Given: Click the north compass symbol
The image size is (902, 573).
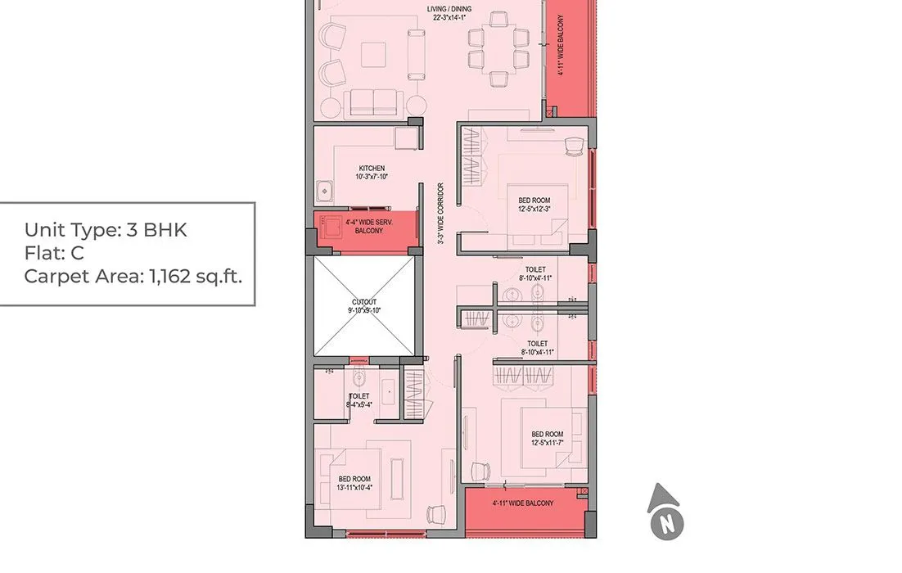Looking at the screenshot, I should pyautogui.click(x=666, y=513).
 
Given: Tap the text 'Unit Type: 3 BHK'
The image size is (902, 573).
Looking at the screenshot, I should pyautogui.click(x=106, y=230).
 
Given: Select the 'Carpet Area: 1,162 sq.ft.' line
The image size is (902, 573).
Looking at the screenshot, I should pyautogui.click(x=133, y=276).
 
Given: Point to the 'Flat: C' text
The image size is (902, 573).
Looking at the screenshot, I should pyautogui.click(x=54, y=253).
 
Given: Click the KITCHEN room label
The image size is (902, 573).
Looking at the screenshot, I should pyautogui.click(x=371, y=173).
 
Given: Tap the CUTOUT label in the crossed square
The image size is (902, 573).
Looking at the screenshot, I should pyautogui.click(x=365, y=306).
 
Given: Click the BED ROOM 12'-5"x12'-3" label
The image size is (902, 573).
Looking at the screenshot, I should pyautogui.click(x=534, y=205).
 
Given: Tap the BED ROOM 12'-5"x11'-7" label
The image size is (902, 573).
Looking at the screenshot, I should pyautogui.click(x=547, y=439).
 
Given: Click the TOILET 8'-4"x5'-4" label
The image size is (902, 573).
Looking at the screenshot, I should pyautogui.click(x=359, y=400).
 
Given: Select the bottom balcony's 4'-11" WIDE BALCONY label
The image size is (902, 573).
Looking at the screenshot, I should pyautogui.click(x=523, y=503).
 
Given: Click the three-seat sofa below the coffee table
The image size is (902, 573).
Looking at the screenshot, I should pyautogui.click(x=374, y=102).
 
